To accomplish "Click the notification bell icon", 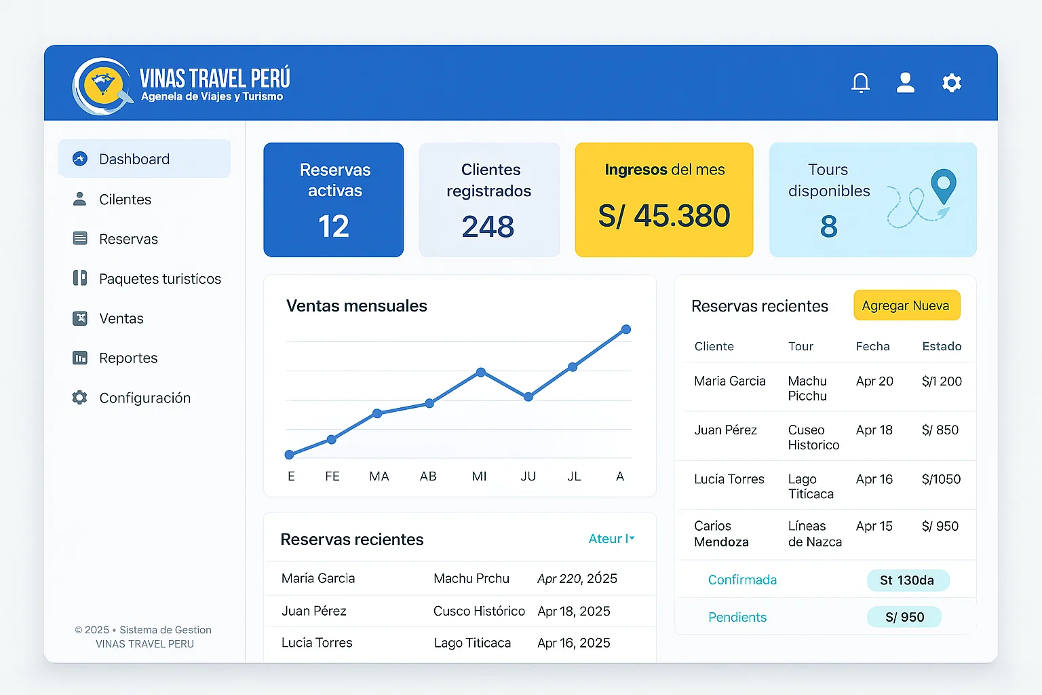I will pos(860,83).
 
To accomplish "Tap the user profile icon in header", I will pos(905,83).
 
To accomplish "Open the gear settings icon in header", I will pos(952,83).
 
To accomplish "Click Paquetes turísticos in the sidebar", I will pos(159,279).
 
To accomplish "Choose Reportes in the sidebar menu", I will pos(128,358).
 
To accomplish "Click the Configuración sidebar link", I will pos(144,398).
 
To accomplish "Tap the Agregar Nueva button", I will pos(906,305).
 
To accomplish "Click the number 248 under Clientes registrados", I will pos(488,227).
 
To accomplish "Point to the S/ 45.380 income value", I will pos(663,217).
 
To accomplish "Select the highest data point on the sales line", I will pos(626,329).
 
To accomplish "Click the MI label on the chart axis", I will pos(479,476).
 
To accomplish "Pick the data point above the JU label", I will pos(528,397).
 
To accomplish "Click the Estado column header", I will pos(942,346).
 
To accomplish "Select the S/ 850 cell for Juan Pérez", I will pos(940,430).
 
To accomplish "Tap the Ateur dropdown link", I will pos(611,539).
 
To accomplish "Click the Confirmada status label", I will pos(742,580).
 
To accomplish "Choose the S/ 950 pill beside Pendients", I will pos(904,617).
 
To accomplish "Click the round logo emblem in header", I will pos(102,86).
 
